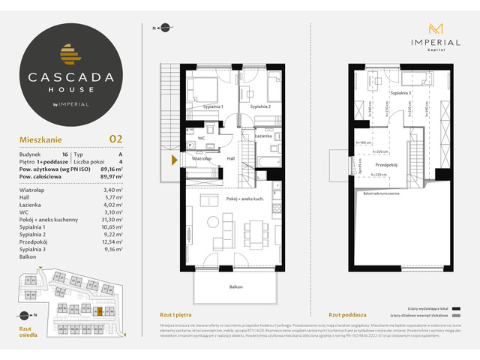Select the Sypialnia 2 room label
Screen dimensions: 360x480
(x=260, y=107)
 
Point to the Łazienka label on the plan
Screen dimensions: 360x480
(x=262, y=136)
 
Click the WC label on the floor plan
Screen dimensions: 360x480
(x=202, y=138)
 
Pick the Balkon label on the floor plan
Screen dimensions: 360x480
(x=236, y=286)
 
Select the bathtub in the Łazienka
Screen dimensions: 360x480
(x=268, y=162)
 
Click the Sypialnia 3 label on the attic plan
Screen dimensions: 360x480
(x=400, y=94)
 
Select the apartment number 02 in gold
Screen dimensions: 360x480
(x=116, y=138)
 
